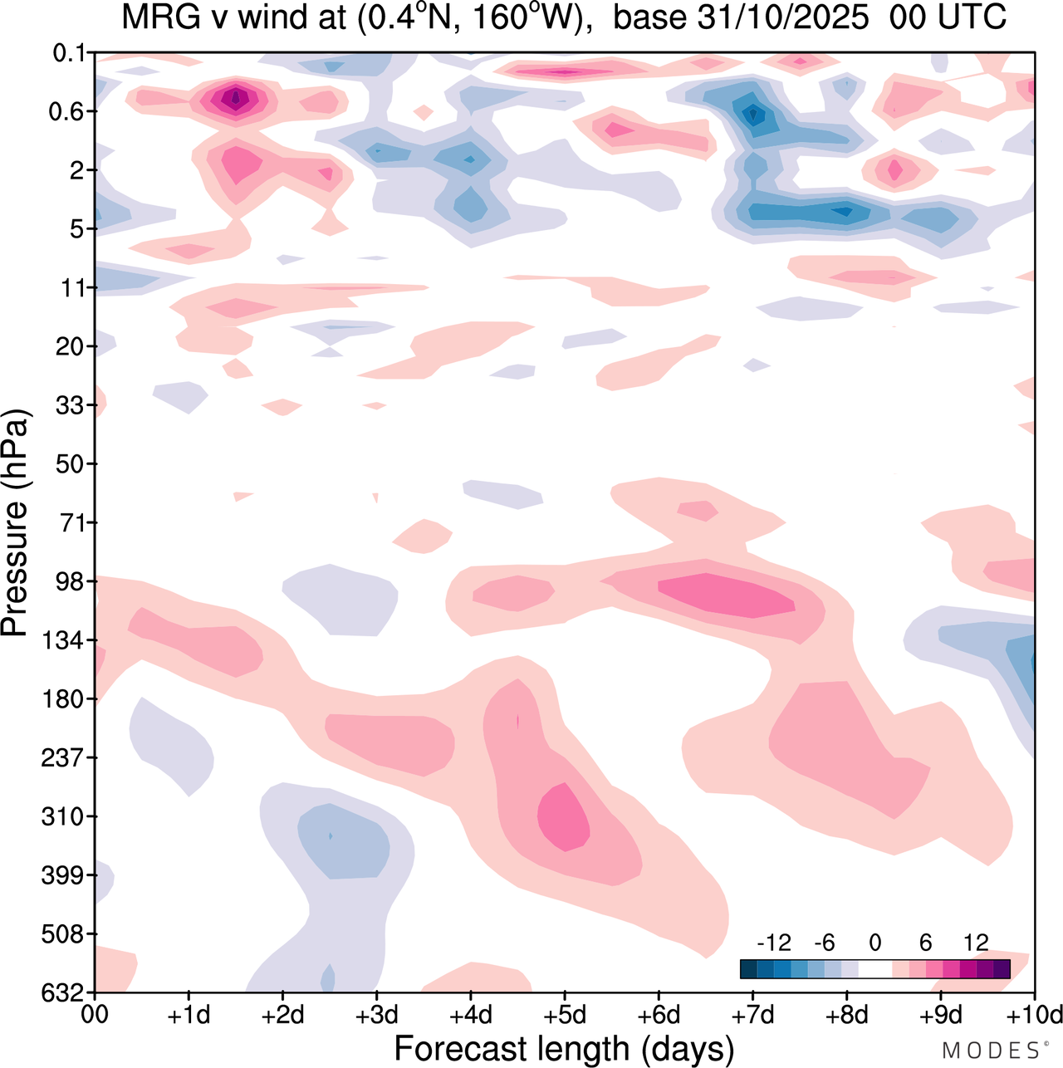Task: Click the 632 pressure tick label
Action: [x=64, y=992]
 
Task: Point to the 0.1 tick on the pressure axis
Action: [x=71, y=53]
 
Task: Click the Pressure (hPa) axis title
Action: [x=16, y=523]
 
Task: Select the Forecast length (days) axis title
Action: [x=564, y=1048]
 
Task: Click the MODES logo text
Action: [x=990, y=1051]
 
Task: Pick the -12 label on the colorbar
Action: [x=774, y=943]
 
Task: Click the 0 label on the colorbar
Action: [x=874, y=943]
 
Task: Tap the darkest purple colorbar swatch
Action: [x=1002, y=969]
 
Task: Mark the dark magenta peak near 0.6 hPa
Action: [x=236, y=99]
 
